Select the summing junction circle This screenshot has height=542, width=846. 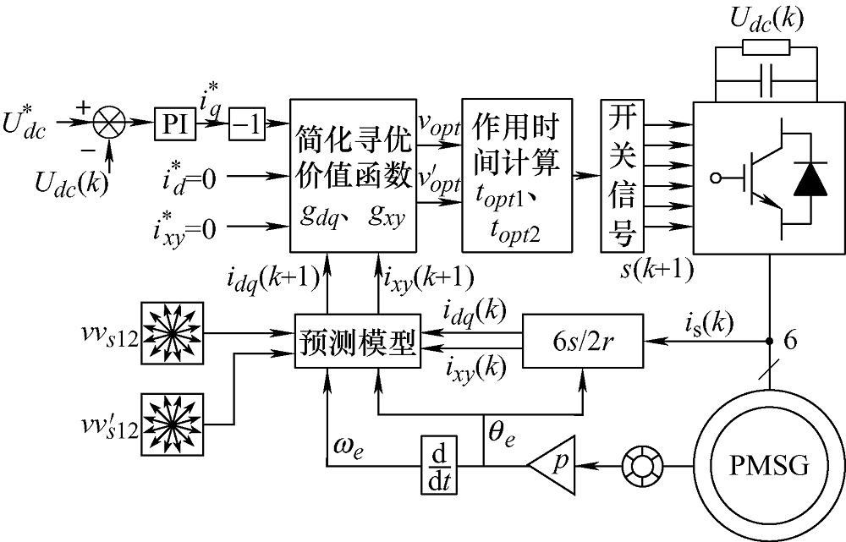point(108,127)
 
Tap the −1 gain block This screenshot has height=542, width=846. point(247,127)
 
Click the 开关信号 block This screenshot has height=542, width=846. point(622,175)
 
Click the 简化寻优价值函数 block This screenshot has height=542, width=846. point(354,175)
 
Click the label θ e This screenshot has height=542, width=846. point(502,435)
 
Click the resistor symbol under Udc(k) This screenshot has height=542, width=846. point(766,45)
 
